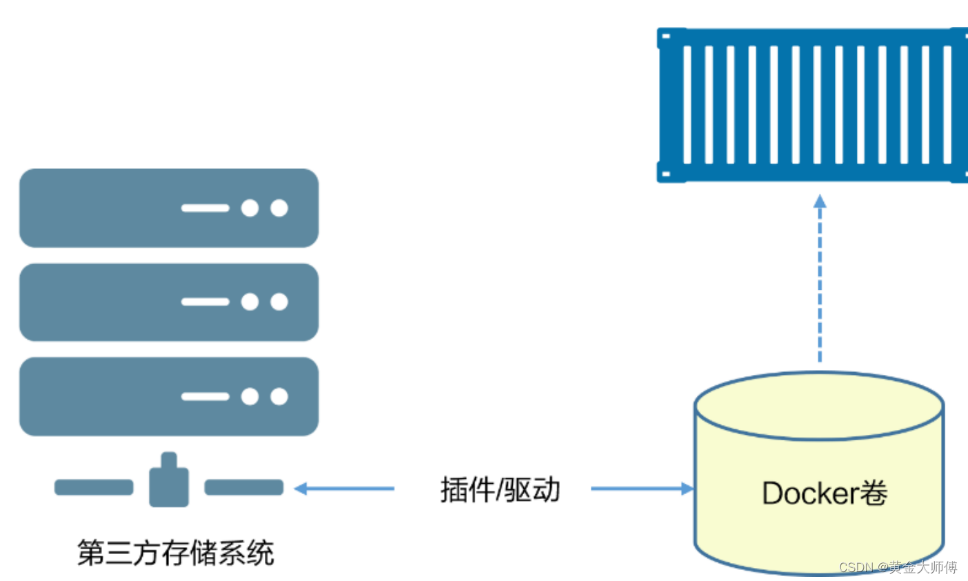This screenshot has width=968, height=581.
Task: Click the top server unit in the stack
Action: tap(168, 208)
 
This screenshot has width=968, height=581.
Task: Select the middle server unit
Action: tap(168, 302)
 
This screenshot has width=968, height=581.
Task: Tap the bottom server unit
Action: tap(168, 396)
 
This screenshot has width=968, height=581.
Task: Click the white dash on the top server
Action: tap(205, 208)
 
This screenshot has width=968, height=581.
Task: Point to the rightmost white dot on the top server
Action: tap(279, 208)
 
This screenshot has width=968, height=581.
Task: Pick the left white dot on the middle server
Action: tap(250, 302)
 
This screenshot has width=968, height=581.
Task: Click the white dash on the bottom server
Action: tap(205, 396)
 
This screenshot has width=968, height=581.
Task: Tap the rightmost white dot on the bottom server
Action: tap(279, 396)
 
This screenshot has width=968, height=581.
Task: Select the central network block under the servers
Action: tap(169, 482)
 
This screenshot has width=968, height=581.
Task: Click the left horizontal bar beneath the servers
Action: tap(93, 488)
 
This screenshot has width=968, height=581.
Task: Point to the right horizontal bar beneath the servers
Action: tap(244, 488)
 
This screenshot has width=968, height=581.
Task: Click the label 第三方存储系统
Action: tap(175, 552)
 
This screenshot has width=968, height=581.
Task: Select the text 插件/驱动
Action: tap(500, 489)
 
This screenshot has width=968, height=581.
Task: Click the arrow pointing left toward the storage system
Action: tap(344, 489)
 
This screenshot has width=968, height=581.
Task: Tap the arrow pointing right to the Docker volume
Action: tap(642, 489)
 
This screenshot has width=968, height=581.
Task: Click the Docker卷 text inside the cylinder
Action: tap(824, 493)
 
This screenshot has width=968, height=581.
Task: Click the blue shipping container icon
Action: tap(811, 105)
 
